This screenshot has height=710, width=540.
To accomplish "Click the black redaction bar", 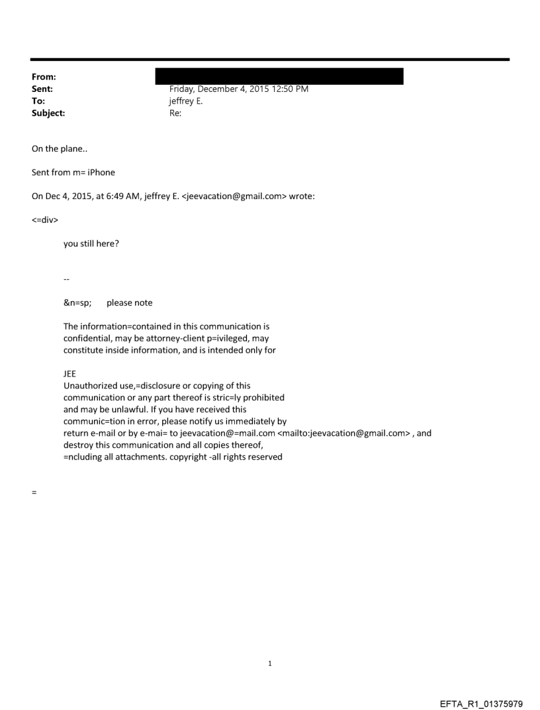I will pyautogui.click(x=279, y=76).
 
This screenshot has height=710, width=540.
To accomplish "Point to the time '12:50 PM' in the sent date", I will pyautogui.click(x=291, y=89).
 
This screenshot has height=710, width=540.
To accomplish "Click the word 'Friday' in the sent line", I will pyautogui.click(x=183, y=89).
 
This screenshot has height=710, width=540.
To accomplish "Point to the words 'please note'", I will pyautogui.click(x=129, y=302).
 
